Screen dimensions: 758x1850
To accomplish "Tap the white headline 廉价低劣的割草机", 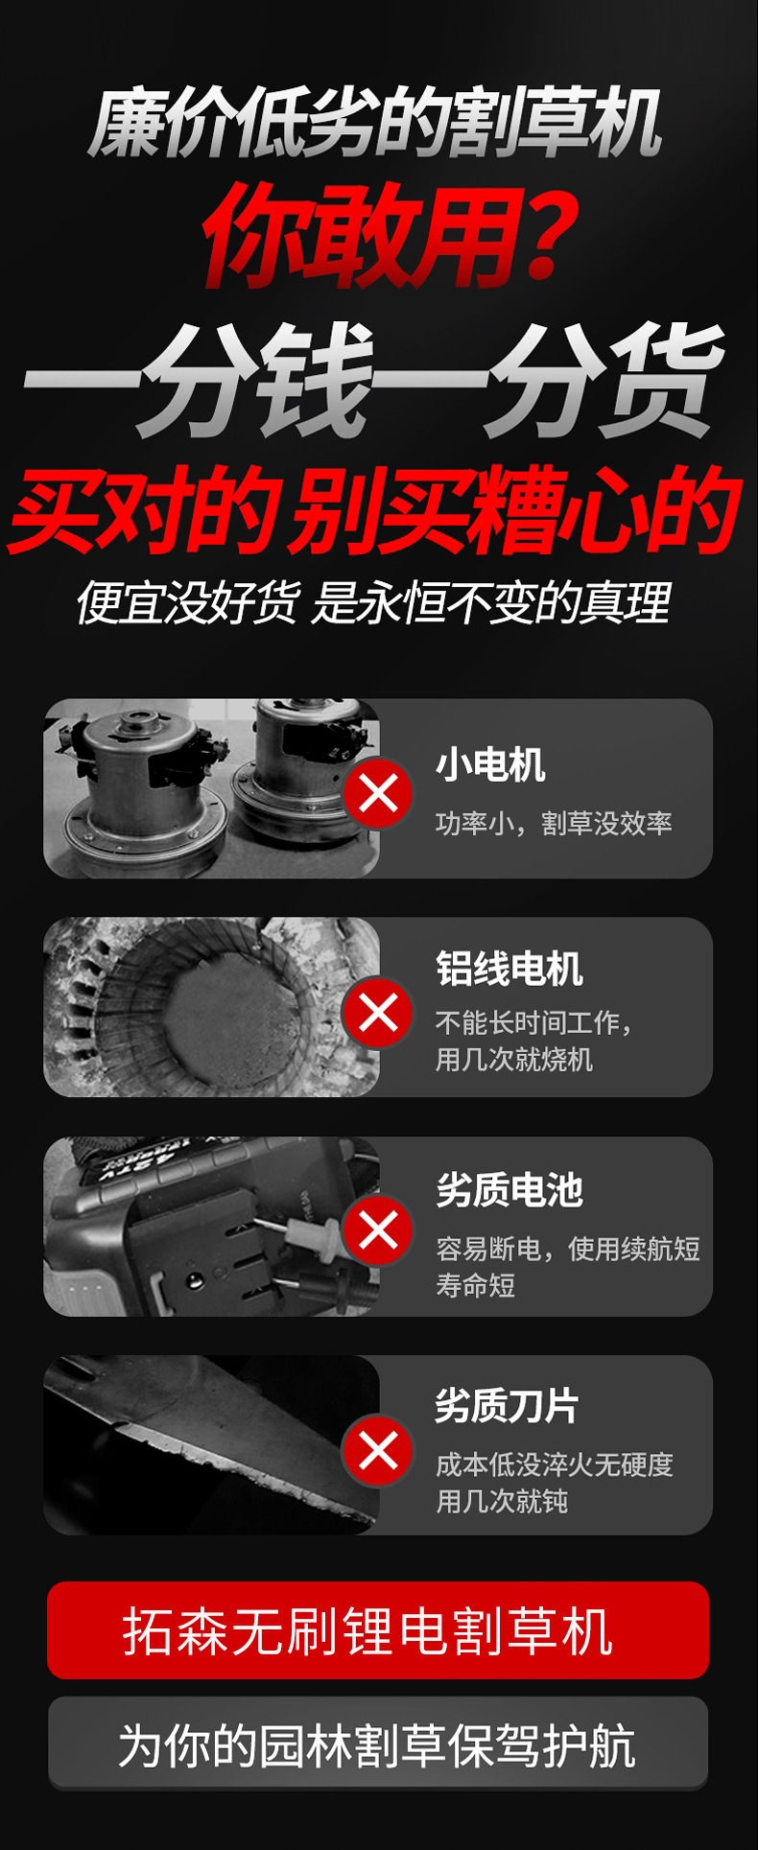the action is (376, 124).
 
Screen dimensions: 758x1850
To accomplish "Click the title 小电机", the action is (490, 765).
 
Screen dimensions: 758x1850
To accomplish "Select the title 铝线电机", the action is (509, 969).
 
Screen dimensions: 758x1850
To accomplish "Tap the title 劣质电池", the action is (509, 1190).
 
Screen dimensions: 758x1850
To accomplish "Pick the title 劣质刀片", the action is (507, 1406).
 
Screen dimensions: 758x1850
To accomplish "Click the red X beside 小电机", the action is (378, 793).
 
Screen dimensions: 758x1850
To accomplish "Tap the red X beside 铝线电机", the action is (378, 1013).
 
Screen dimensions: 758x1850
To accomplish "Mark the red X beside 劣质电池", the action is (378, 1230).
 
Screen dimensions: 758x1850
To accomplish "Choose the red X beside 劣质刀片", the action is (378, 1450).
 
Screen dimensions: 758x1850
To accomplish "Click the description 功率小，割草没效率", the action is (554, 823).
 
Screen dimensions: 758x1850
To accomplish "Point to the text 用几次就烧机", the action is (514, 1060).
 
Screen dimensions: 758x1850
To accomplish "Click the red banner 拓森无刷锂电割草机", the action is (378, 1630).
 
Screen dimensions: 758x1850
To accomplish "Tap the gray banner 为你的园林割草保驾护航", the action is (378, 1744).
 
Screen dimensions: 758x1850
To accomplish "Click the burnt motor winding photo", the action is (211, 1007).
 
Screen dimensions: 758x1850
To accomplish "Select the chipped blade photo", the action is (211, 1444).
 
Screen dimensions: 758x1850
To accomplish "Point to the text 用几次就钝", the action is (502, 1501).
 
